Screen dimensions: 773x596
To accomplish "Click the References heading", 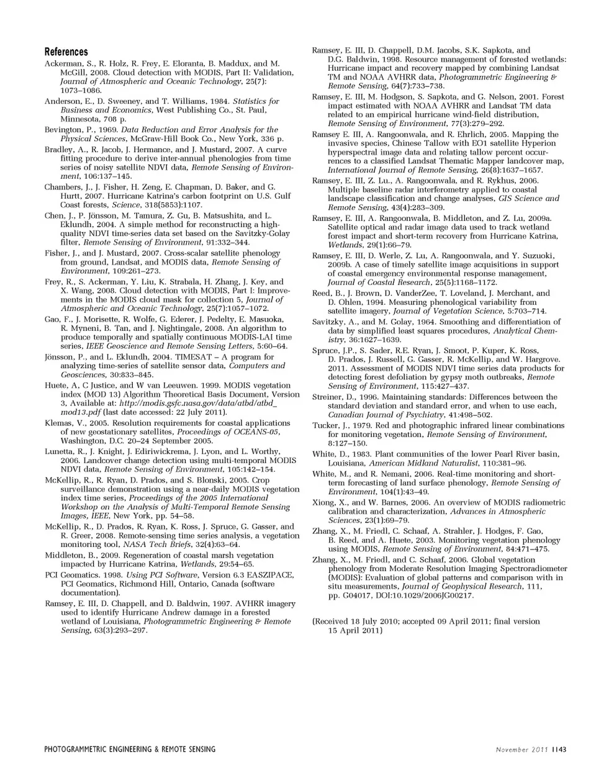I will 66,52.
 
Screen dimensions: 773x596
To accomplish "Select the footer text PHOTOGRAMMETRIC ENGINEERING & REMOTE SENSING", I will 130,749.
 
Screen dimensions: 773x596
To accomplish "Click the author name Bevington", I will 63,130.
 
